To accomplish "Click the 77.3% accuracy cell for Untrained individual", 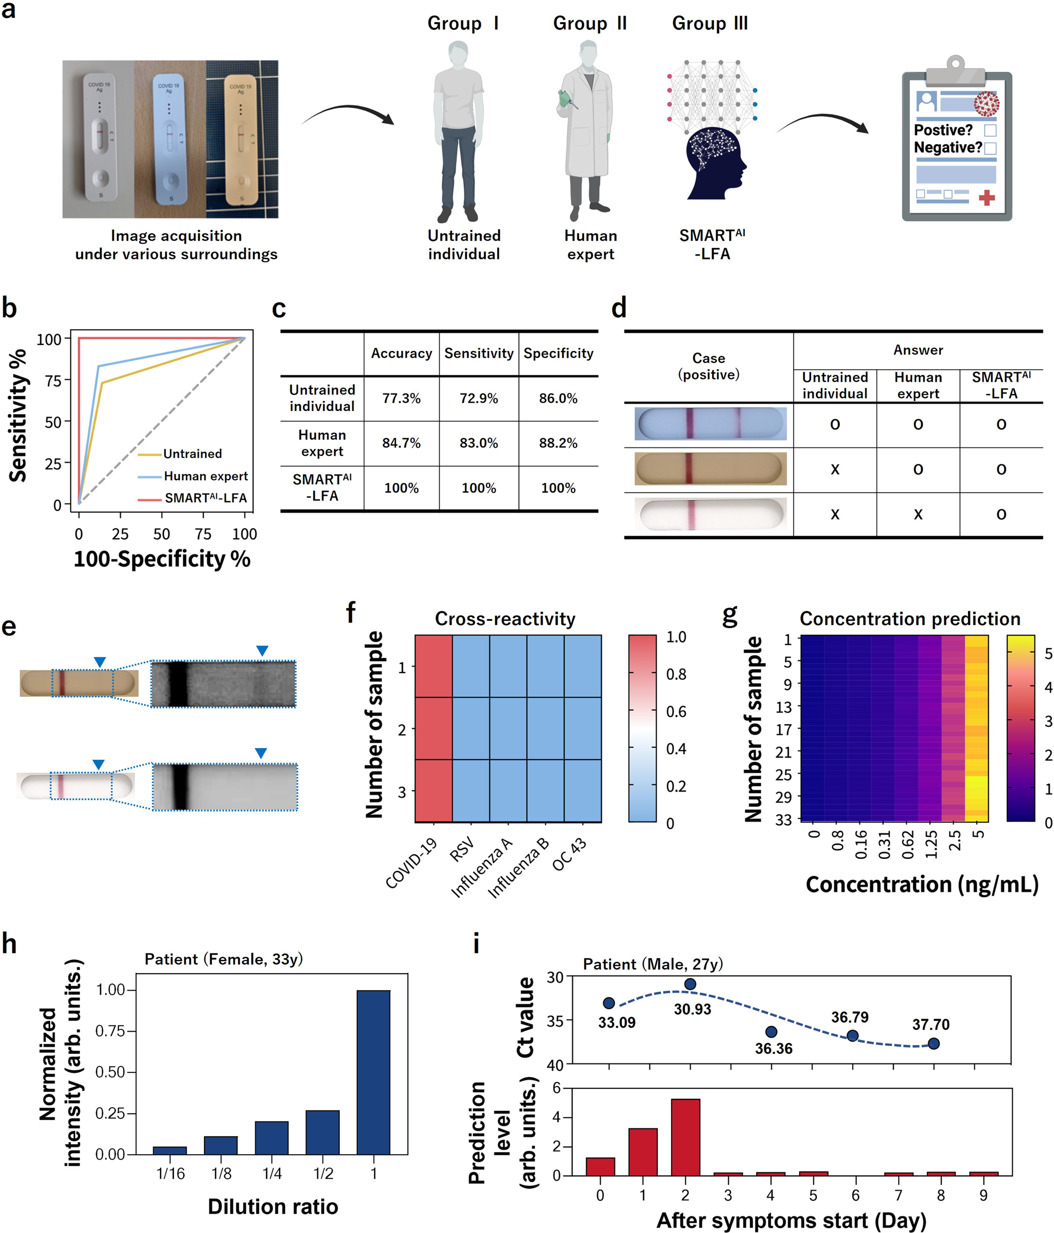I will click(401, 398).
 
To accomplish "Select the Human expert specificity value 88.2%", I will click(558, 443).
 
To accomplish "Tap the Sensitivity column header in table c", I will click(479, 353).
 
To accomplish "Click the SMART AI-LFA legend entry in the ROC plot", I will click(206, 498).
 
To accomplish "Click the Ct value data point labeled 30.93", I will click(690, 984).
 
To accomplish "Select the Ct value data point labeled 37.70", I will click(933, 1043).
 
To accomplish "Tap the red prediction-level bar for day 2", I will click(685, 1137).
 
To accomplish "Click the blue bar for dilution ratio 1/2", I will click(323, 1132).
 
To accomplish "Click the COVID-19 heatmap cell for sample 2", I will click(433, 728).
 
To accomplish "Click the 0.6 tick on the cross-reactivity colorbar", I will click(676, 711).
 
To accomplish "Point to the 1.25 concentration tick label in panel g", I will click(931, 844).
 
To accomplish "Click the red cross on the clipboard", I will click(987, 198).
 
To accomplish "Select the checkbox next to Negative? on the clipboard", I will click(990, 147).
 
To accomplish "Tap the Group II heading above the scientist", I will click(589, 23).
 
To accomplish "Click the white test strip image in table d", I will click(710, 515).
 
